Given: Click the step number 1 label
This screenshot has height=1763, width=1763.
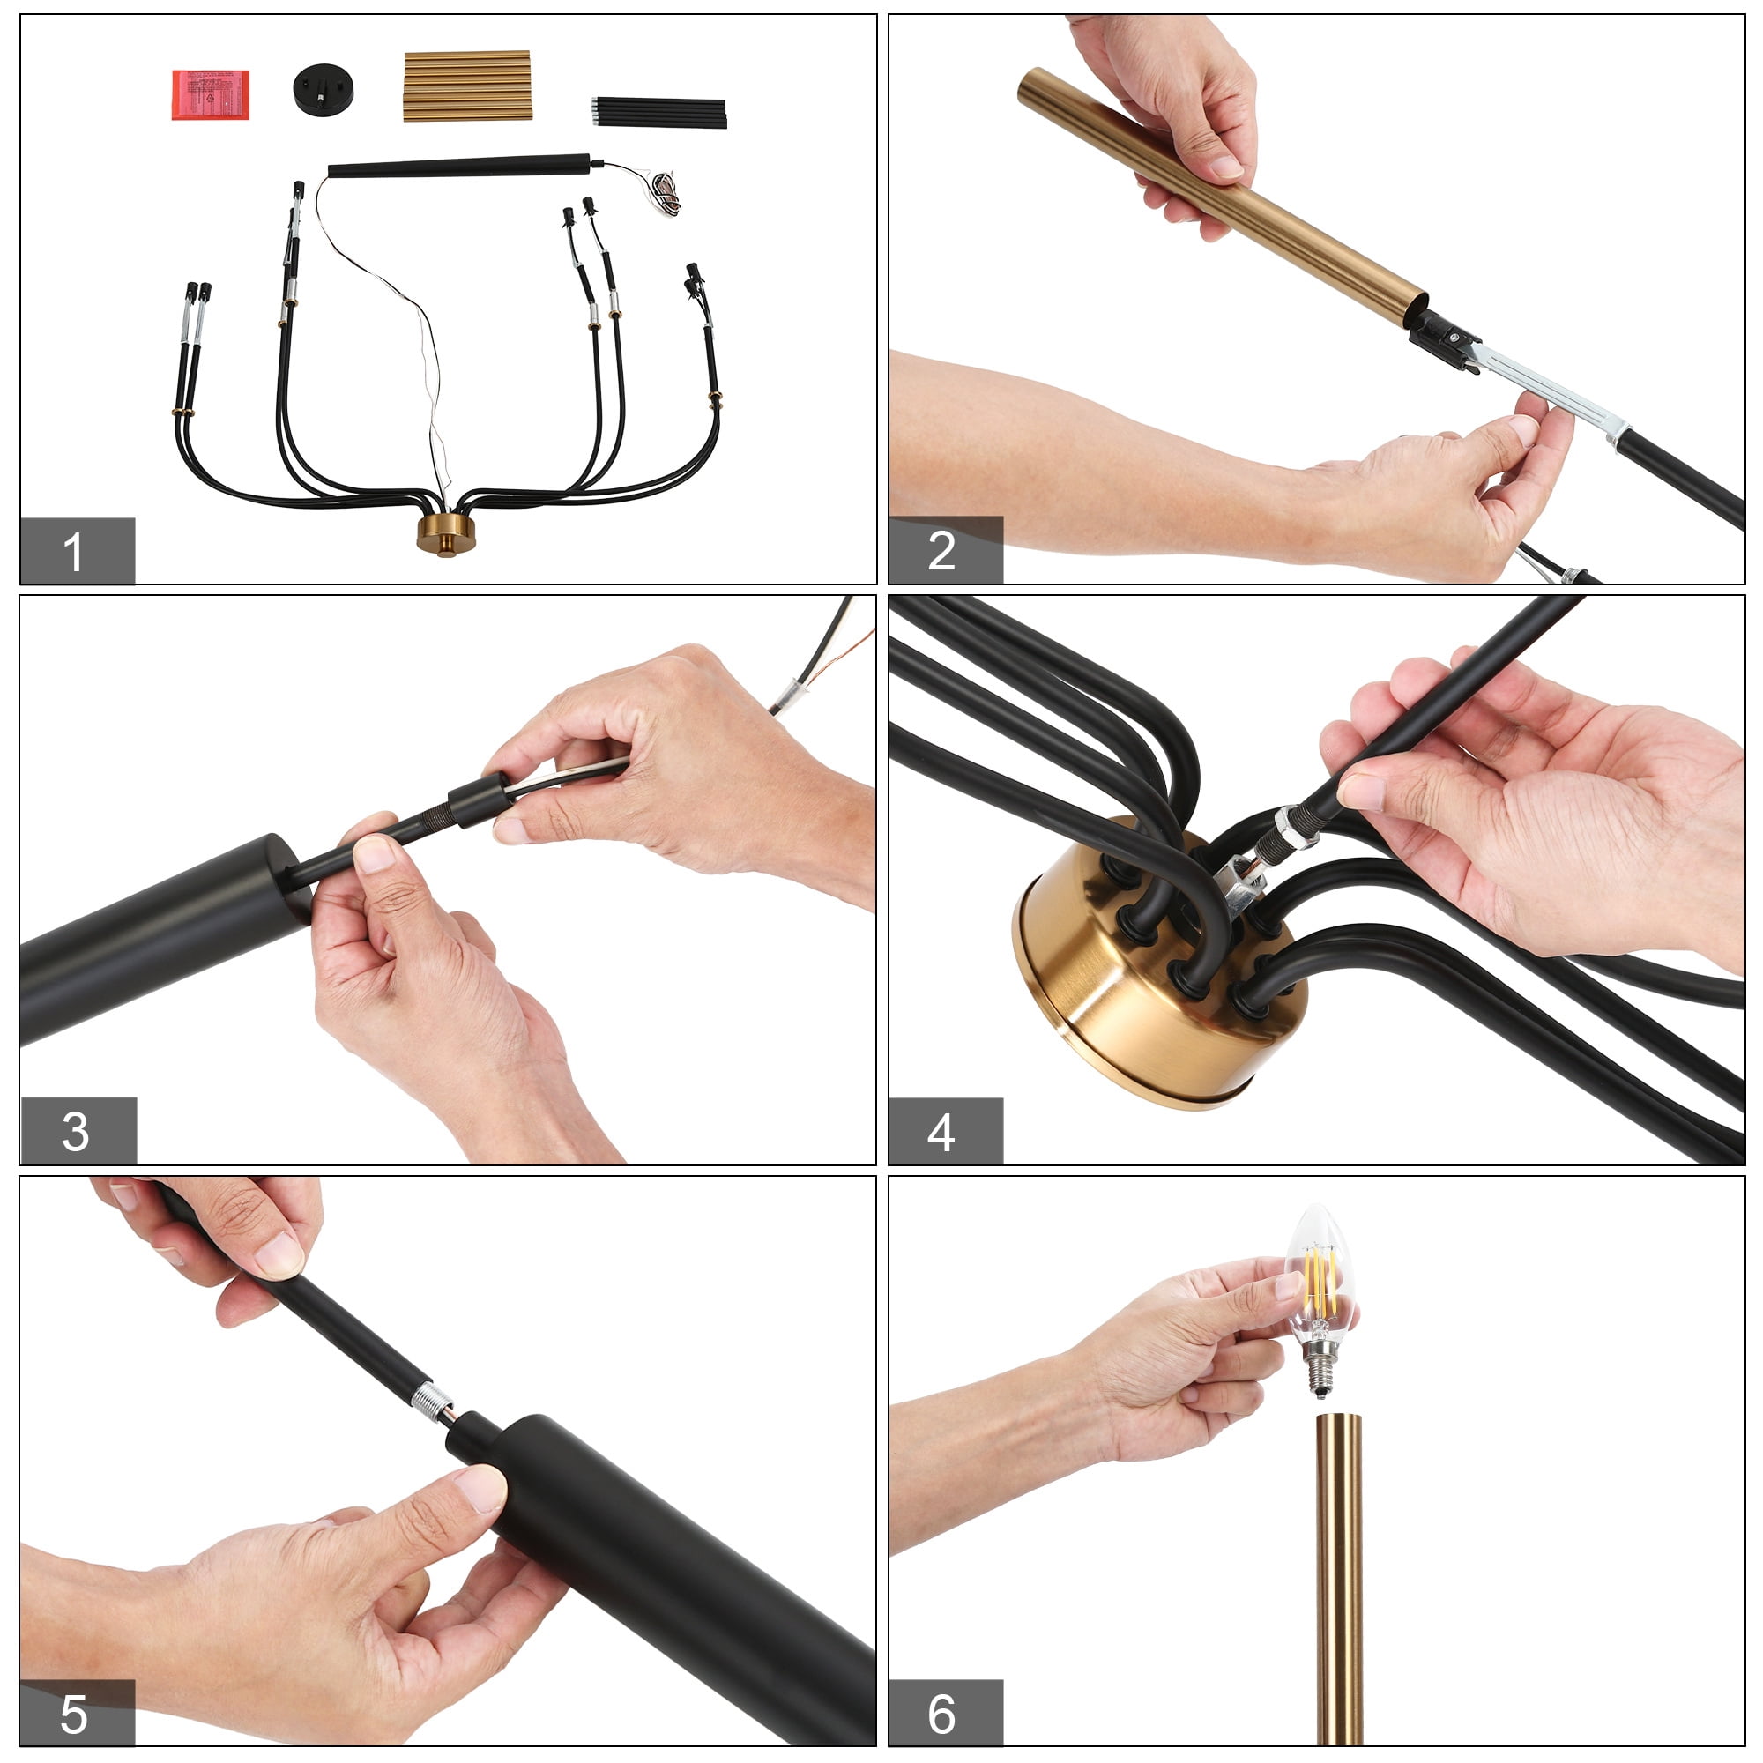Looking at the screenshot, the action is [x=74, y=552].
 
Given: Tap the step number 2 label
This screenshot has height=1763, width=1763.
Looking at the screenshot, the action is [x=941, y=551].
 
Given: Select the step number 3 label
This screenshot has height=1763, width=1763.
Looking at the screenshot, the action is [x=76, y=1132].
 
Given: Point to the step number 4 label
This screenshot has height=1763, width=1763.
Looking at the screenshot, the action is [x=941, y=1133].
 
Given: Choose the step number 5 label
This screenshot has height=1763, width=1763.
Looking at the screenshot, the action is [x=74, y=1714].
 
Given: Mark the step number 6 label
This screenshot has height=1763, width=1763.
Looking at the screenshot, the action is [x=941, y=1714].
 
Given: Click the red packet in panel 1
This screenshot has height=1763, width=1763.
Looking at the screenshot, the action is [x=211, y=95].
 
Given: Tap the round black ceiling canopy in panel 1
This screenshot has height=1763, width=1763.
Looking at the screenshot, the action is [x=324, y=88].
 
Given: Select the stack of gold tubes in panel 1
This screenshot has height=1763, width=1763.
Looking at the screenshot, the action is [x=467, y=86].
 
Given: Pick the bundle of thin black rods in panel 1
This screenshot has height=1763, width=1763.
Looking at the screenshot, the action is [x=658, y=112].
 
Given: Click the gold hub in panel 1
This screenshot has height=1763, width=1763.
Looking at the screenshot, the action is [x=442, y=533].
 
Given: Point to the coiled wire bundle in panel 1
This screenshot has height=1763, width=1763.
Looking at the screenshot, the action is [x=669, y=191].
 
